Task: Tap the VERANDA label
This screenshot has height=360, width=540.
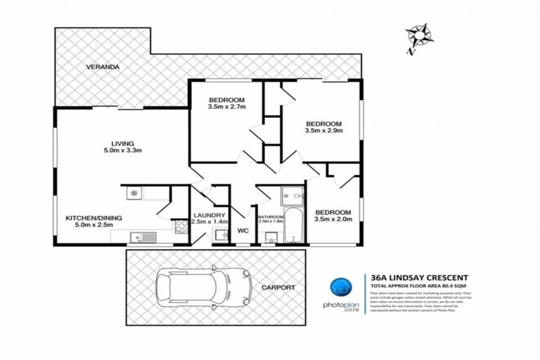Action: tap(103, 67)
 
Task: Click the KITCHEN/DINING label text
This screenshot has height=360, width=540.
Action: tap(94, 219)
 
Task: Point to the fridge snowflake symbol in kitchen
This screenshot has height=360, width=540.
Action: tap(132, 192)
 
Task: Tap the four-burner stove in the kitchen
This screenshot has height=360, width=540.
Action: tap(180, 226)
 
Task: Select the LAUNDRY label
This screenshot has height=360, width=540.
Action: tap(210, 215)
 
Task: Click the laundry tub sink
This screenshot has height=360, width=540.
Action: tap(221, 236)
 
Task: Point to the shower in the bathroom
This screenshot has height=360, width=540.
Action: tap(290, 195)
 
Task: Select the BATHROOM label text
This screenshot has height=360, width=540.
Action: tap(270, 217)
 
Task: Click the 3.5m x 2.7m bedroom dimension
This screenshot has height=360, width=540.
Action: tap(226, 108)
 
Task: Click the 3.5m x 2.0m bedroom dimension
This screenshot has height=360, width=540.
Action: tap(333, 220)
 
